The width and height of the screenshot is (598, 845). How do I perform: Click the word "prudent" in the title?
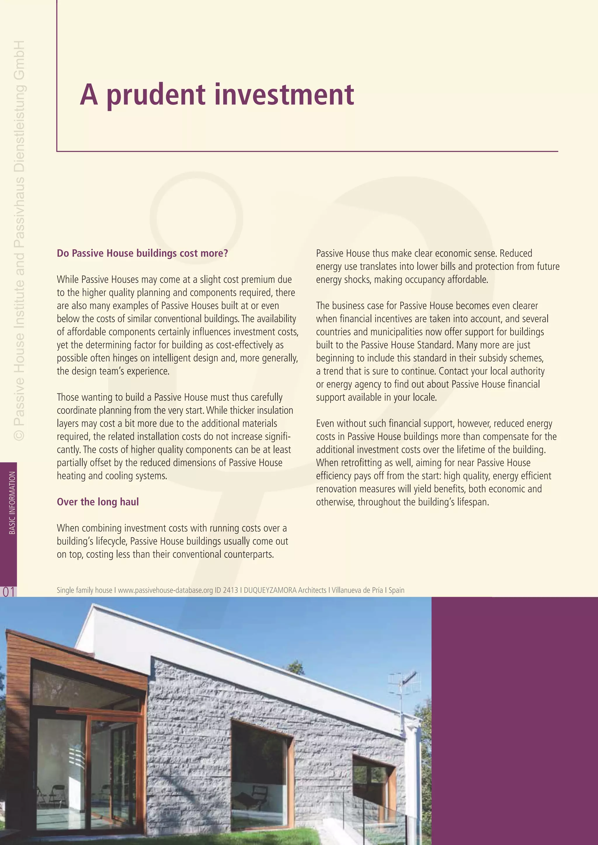pyautogui.click(x=156, y=95)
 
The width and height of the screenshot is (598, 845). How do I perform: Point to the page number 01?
pyautogui.click(x=8, y=591)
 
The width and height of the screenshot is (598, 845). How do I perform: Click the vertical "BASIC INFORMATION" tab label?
pyautogui.click(x=12, y=503)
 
